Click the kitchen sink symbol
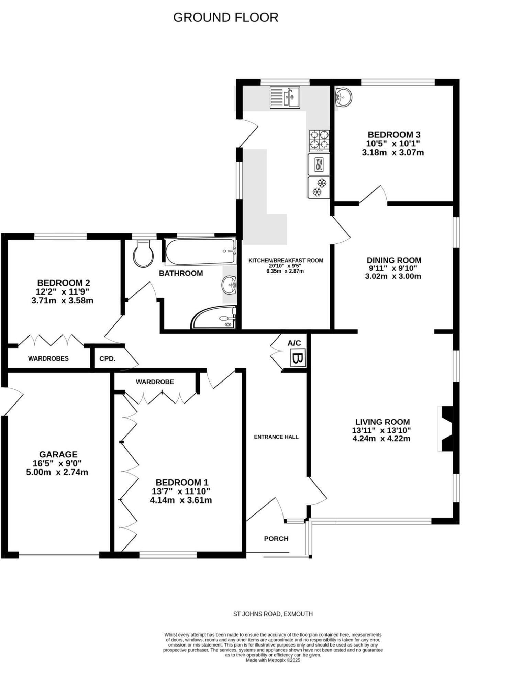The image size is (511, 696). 285,97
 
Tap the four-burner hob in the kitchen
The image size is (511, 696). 319,141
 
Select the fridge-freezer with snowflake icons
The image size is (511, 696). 319,187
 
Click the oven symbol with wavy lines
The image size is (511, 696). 319,164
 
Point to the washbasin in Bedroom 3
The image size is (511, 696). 343,97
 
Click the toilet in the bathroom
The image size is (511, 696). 143,253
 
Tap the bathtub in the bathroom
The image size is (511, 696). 200,251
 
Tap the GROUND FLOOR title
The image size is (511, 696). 226,18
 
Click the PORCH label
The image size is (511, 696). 276,539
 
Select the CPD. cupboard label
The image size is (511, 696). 107,359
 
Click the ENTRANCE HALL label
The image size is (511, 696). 276,437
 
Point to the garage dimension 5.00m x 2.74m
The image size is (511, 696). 57,472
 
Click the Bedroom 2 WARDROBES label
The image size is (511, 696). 48,358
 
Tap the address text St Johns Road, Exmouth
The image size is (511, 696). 273,614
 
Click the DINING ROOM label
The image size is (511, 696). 394,260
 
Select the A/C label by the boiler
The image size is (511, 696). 294,343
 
